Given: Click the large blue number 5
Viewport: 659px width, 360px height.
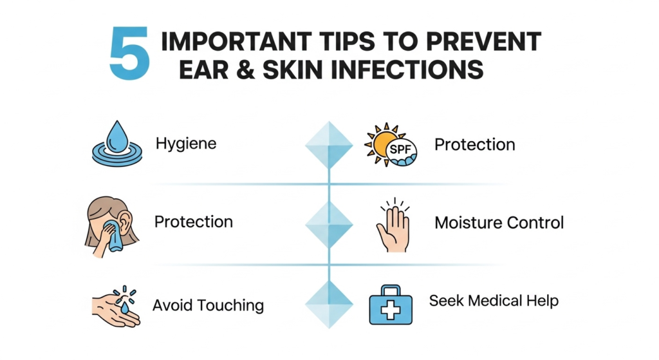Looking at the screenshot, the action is coord(129,53).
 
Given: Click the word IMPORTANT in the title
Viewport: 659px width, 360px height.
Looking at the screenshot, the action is coord(236,42).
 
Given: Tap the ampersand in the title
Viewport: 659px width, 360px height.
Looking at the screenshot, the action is coord(245,70).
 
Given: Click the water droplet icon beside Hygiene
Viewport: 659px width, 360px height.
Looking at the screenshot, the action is coord(117,144).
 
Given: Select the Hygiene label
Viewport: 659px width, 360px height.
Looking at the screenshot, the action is coord(186,144).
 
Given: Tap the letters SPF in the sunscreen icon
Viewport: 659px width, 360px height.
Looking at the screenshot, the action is coord(400,149).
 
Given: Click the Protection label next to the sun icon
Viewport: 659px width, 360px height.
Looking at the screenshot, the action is coord(474,145).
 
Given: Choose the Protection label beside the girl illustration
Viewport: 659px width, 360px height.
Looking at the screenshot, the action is coord(193,222).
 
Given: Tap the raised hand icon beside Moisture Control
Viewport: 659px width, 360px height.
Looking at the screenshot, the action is coord(393,226).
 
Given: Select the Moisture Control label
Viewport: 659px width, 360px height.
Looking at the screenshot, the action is coord(499,222).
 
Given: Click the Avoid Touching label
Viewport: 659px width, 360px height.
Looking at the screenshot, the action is coord(208,305).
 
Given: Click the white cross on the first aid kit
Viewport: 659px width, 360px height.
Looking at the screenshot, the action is coord(391,310).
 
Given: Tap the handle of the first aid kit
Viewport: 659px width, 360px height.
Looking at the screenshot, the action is coord(391,289).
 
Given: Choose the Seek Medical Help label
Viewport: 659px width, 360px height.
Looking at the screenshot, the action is coord(494,301).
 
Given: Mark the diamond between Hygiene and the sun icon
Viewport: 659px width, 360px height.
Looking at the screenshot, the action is coord(329,145).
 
